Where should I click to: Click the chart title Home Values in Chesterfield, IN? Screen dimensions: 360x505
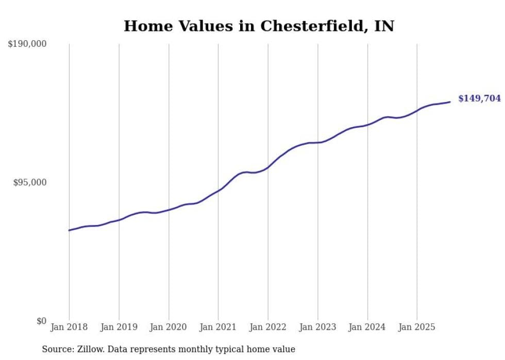pyautogui.click(x=259, y=26)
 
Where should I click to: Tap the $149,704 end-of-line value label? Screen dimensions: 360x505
pyautogui.click(x=479, y=98)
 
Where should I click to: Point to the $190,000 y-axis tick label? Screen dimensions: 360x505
pyautogui.click(x=27, y=44)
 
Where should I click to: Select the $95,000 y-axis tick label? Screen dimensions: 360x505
pyautogui.click(x=29, y=182)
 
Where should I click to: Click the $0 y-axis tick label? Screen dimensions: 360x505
pyautogui.click(x=41, y=321)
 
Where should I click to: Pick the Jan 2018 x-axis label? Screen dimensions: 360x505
pyautogui.click(x=69, y=327)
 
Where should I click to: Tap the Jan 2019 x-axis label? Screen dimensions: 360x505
pyautogui.click(x=119, y=327)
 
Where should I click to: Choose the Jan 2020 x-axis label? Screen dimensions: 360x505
pyautogui.click(x=169, y=327)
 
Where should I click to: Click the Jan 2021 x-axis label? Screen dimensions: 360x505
pyautogui.click(x=218, y=327)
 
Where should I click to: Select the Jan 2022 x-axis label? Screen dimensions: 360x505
pyautogui.click(x=268, y=327)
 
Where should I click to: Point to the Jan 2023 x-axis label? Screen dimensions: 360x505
pyautogui.click(x=317, y=327)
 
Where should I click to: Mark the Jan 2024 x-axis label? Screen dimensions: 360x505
pyautogui.click(x=367, y=327)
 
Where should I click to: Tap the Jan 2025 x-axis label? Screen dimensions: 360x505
pyautogui.click(x=417, y=327)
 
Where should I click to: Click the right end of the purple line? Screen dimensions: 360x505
pyautogui.click(x=450, y=101)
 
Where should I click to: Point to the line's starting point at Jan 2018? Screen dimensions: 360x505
pyautogui.click(x=69, y=230)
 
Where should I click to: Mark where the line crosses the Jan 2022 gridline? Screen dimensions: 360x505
pyautogui.click(x=268, y=167)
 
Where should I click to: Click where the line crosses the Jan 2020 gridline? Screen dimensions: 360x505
pyautogui.click(x=169, y=210)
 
